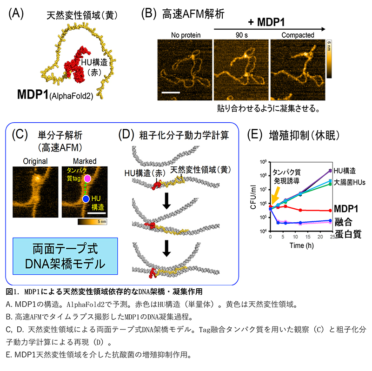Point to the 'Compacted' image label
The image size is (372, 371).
(x=298, y=35)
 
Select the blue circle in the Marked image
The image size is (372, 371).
(x=86, y=199)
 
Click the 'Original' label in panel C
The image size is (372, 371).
(x=35, y=161)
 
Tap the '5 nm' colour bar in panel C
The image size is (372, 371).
(x=90, y=222)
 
